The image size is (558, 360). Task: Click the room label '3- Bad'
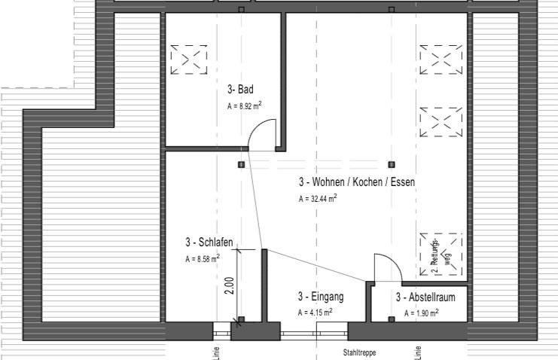pyautogui.click(x=240, y=90)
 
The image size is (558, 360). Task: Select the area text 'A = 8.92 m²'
pyautogui.click(x=244, y=106)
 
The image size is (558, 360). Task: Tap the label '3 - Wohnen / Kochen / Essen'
pyautogui.click(x=356, y=182)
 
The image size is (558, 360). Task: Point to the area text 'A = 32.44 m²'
pyautogui.click(x=318, y=199)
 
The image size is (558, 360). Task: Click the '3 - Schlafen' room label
pyautogui.click(x=209, y=243)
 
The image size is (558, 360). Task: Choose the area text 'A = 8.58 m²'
pyautogui.click(x=203, y=258)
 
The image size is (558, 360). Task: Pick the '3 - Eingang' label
pyautogui.click(x=321, y=297)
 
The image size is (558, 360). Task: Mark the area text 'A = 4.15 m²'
pyautogui.click(x=315, y=312)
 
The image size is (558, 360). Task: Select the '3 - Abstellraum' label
pyautogui.click(x=425, y=297)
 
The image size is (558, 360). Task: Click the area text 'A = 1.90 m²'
pyautogui.click(x=421, y=313)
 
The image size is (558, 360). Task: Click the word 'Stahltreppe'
pyautogui.click(x=359, y=352)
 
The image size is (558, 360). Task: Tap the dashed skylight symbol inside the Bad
pyautogui.click(x=188, y=59)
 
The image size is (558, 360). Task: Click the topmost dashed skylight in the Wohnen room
pyautogui.click(x=441, y=59)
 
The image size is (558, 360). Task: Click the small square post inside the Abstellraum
pyautogui.click(x=391, y=319)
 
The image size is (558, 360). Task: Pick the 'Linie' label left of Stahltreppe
pyautogui.click(x=216, y=352)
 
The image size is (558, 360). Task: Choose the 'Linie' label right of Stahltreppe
pyautogui.click(x=418, y=352)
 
